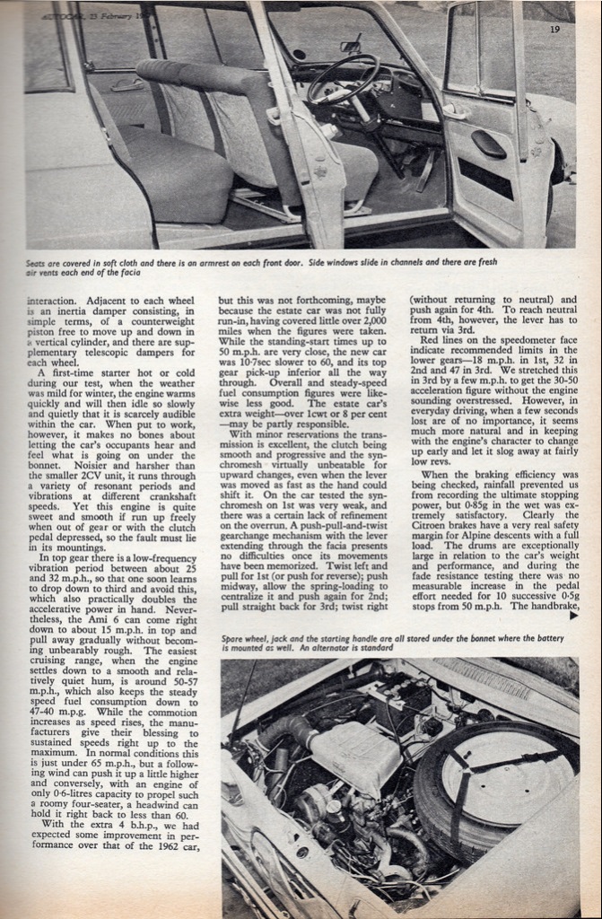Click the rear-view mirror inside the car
(350, 47)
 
